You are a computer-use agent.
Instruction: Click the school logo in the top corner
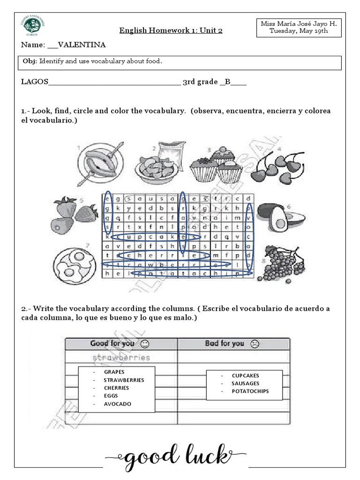[31, 25]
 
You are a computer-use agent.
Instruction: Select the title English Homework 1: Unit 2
[171, 31]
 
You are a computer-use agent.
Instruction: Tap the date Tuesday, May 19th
[299, 31]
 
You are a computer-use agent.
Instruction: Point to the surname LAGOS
[34, 82]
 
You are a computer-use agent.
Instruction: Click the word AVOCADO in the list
[118, 404]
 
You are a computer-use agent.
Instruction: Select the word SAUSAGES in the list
[245, 383]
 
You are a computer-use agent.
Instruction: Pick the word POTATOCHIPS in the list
[250, 391]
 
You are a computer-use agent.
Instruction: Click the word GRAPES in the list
[114, 372]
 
